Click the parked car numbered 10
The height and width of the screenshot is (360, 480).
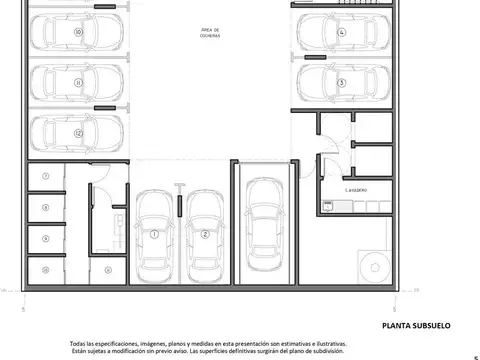[x=77, y=32]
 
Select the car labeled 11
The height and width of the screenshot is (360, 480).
[x=77, y=84]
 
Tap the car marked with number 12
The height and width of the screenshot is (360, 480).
[x=77, y=133]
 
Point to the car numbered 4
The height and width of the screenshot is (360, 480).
[x=340, y=32]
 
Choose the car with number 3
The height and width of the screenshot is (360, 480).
[x=340, y=83]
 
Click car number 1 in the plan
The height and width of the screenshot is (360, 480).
[x=156, y=235]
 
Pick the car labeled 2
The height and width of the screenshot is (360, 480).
[x=204, y=235]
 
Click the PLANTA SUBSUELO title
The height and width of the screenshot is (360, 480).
[x=417, y=326]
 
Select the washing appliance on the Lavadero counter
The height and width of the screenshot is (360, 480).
[x=327, y=206]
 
